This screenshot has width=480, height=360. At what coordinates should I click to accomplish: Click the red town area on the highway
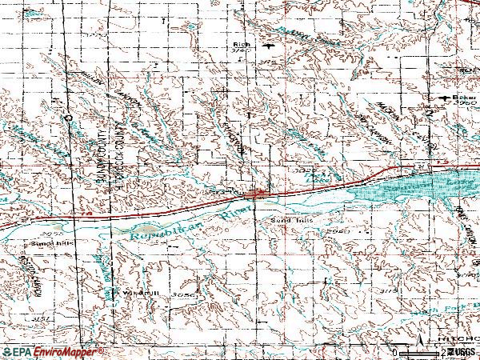(x=255, y=194)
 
